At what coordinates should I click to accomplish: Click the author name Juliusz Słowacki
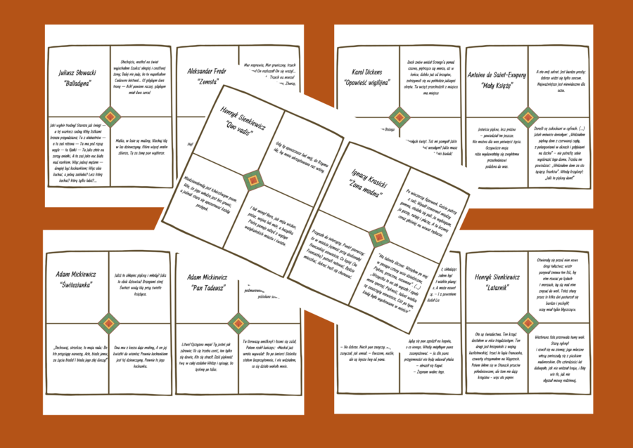pyautogui.click(x=77, y=72)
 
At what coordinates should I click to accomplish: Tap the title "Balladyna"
pyautogui.click(x=77, y=84)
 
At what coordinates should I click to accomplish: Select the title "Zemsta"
pyautogui.click(x=206, y=84)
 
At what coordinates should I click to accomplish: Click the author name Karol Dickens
pyautogui.click(x=366, y=72)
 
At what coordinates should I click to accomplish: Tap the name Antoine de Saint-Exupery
pyautogui.click(x=497, y=72)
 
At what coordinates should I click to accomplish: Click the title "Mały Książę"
pyautogui.click(x=497, y=84)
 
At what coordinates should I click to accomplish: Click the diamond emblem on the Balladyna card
pyautogui.click(x=109, y=117)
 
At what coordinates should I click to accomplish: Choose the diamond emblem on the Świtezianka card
pyautogui.click(x=109, y=323)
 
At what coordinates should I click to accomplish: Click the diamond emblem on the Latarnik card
pyautogui.click(x=529, y=323)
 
